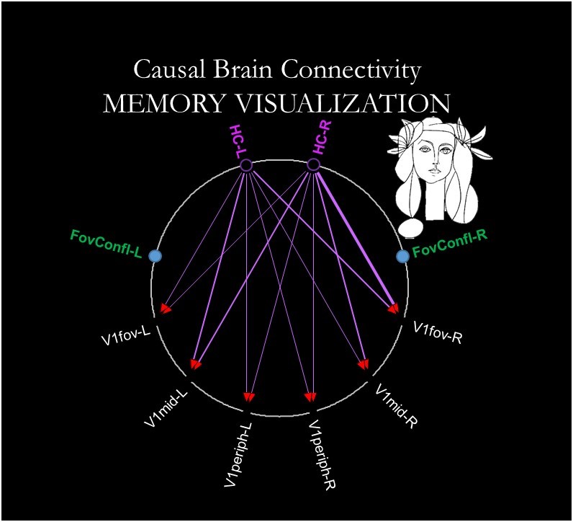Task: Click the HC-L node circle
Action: click(245, 166)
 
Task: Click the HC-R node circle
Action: click(313, 165)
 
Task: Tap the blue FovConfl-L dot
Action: click(155, 255)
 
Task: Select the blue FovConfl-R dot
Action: click(403, 255)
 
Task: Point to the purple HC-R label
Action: click(322, 139)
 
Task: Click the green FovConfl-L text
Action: click(107, 238)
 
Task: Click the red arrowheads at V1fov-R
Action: click(393, 309)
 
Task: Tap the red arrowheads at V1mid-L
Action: click(194, 362)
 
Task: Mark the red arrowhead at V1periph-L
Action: click(248, 397)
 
